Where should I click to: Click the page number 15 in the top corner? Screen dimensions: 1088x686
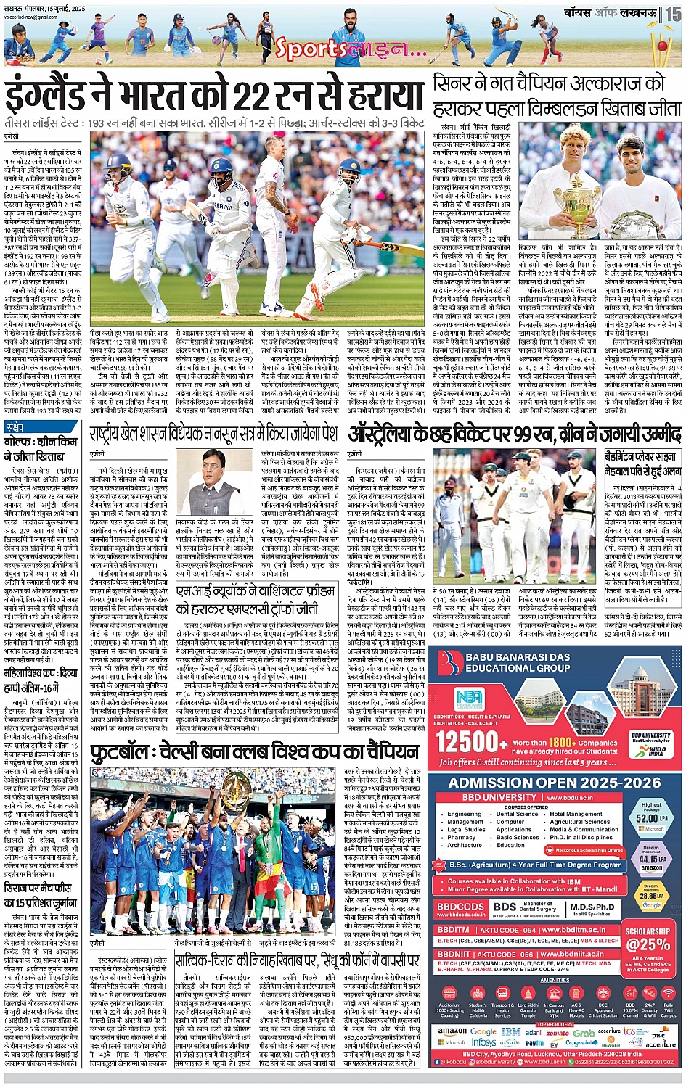pyautogui.click(x=674, y=13)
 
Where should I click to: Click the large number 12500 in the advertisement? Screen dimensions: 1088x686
pyautogui.click(x=472, y=741)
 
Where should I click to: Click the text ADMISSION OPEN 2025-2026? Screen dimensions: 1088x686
pyautogui.click(x=555, y=783)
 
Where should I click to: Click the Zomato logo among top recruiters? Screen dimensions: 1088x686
pyautogui.click(x=558, y=1032)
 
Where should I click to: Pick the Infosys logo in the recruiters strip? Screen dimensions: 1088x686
pyautogui.click(x=484, y=1042)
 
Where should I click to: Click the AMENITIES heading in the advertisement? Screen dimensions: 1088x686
pyautogui.click(x=555, y=980)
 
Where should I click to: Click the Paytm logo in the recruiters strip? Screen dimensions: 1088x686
pyautogui.click(x=534, y=1043)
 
